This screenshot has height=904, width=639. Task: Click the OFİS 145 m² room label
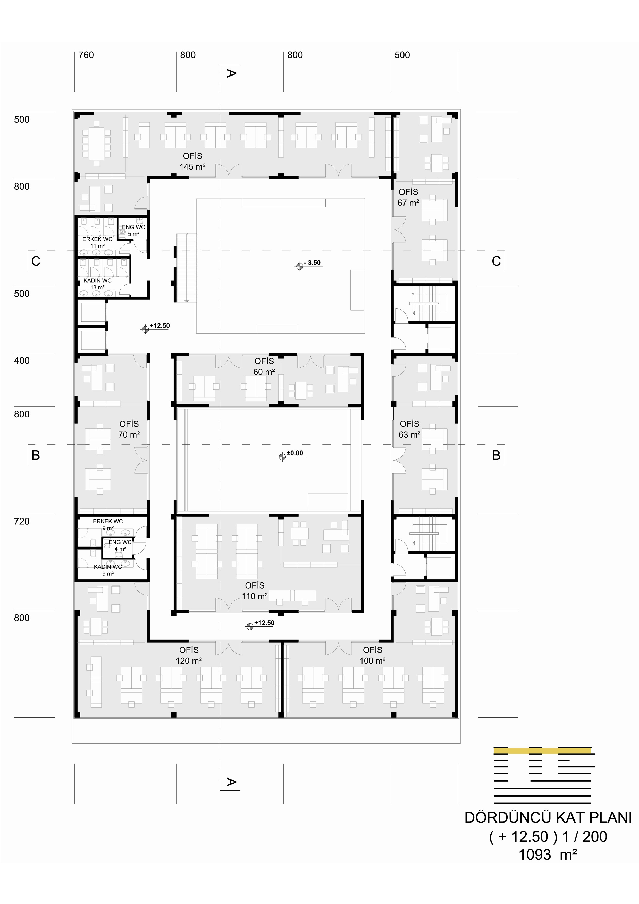point(192,161)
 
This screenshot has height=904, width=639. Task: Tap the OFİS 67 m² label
point(408,197)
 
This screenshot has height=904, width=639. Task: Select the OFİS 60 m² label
point(264,366)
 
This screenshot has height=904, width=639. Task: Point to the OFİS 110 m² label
point(255,591)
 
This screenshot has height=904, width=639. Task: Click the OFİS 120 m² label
point(189,655)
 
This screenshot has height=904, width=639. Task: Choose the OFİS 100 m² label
point(373,655)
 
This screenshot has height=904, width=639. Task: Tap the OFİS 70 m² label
point(129,429)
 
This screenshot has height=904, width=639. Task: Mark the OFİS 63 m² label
point(409,429)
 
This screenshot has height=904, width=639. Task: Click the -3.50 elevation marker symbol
point(300,266)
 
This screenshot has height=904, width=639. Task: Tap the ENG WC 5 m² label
point(133,230)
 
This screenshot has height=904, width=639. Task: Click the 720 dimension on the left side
point(22,521)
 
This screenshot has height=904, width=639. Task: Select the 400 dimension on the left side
point(22,361)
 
